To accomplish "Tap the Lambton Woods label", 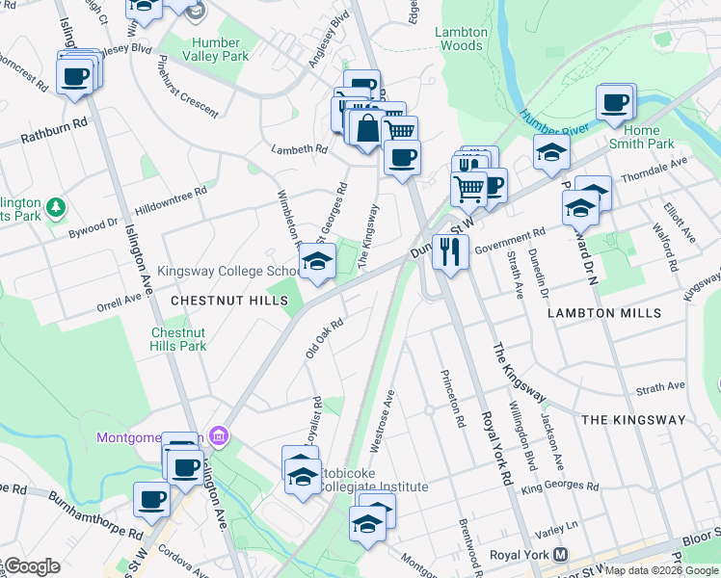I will [460, 39].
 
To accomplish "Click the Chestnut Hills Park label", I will [178, 339].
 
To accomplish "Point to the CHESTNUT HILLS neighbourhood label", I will [229, 302].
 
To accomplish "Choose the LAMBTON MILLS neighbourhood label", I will [604, 313].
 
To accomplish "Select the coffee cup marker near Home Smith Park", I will [614, 101].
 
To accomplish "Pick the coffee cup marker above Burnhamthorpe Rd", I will [151, 499].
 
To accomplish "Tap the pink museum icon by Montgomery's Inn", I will [219, 437].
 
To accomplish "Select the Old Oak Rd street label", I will [325, 339].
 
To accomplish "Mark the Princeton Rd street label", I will [451, 398].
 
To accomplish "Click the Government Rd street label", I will [509, 237].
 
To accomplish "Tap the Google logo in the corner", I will [34, 566].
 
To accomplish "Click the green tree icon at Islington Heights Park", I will [56, 206].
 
